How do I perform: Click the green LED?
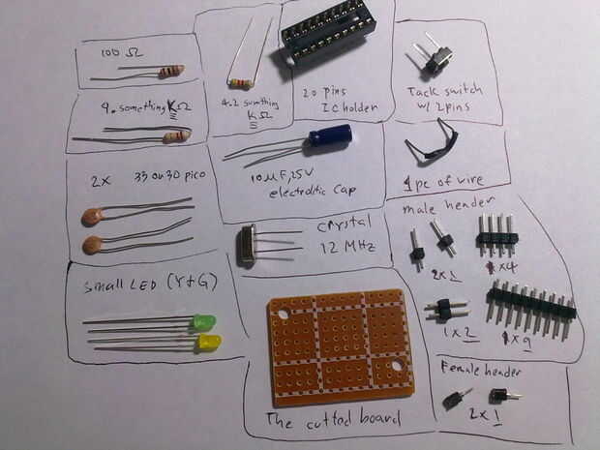point(203,323)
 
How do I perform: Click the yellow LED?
point(208,342)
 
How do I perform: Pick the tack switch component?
point(437,60)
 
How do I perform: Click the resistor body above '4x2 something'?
point(242,82)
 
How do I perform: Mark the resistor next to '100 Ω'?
point(171,71)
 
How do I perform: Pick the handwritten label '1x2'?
point(450,332)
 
